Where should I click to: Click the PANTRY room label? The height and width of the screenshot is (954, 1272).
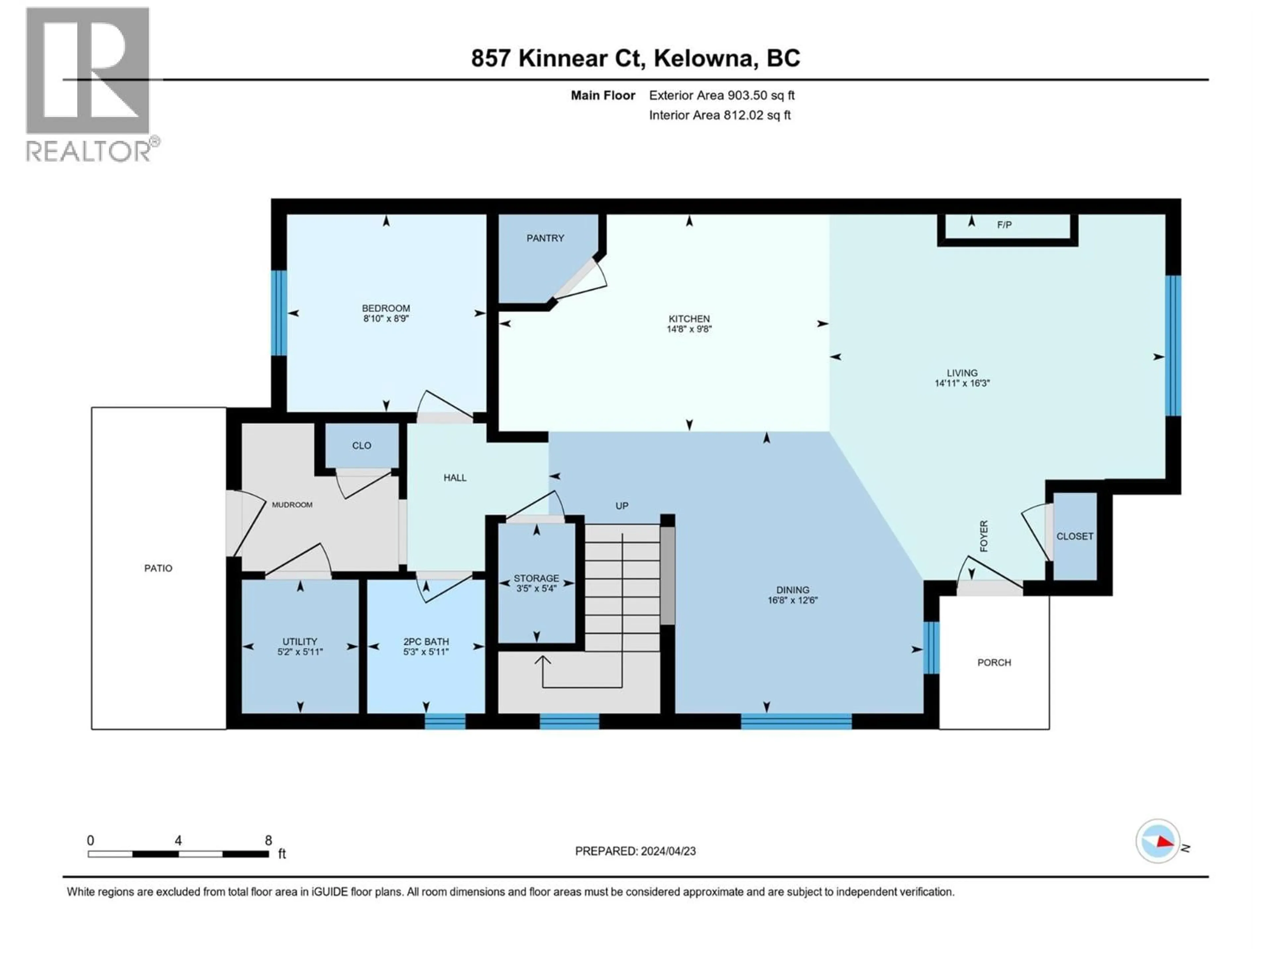coord(545,238)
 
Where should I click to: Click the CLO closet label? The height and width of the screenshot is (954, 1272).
coord(362,446)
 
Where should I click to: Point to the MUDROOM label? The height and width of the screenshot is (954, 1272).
coord(292,505)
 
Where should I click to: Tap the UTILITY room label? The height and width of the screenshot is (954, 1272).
coord(299,641)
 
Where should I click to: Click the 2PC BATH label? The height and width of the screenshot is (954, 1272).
coord(426,641)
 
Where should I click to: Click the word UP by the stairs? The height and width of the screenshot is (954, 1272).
coord(622,506)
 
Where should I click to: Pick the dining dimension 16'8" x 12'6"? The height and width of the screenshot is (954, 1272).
coord(792,600)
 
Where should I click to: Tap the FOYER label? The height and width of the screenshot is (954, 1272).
coord(984,536)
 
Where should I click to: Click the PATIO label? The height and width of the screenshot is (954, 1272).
coord(158,568)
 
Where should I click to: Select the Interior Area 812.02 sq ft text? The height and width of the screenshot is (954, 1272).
coord(719,115)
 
